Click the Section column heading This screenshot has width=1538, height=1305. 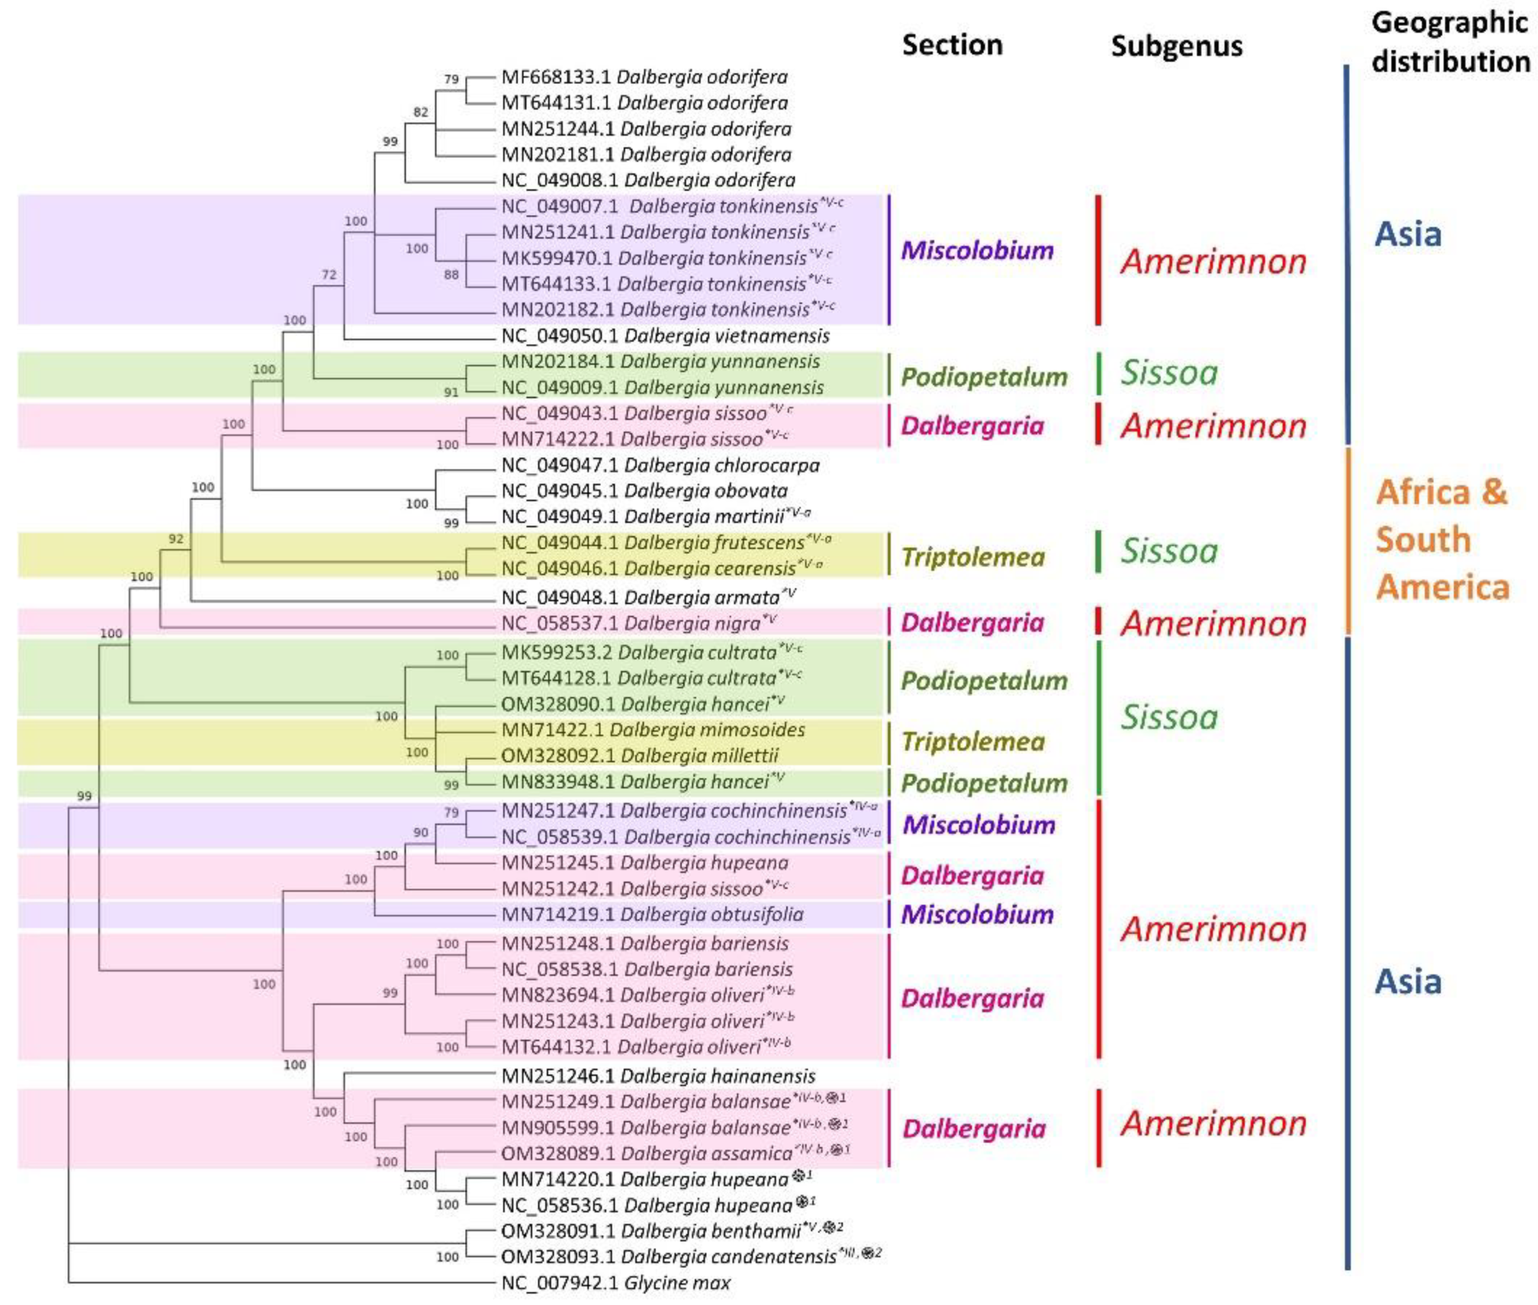[952, 45]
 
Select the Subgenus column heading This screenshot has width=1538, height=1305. [1176, 46]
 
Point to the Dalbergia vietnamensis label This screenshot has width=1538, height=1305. [665, 336]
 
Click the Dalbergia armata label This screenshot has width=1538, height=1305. [647, 597]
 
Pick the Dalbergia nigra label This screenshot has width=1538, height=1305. [639, 623]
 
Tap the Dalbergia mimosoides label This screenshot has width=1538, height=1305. [653, 730]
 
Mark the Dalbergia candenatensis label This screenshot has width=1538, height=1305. [690, 1256]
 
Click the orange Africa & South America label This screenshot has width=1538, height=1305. [1441, 540]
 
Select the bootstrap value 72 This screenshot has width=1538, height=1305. [329, 274]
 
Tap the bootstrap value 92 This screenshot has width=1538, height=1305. [176, 538]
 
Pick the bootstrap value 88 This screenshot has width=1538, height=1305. [451, 274]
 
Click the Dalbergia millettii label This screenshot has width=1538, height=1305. [640, 755]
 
